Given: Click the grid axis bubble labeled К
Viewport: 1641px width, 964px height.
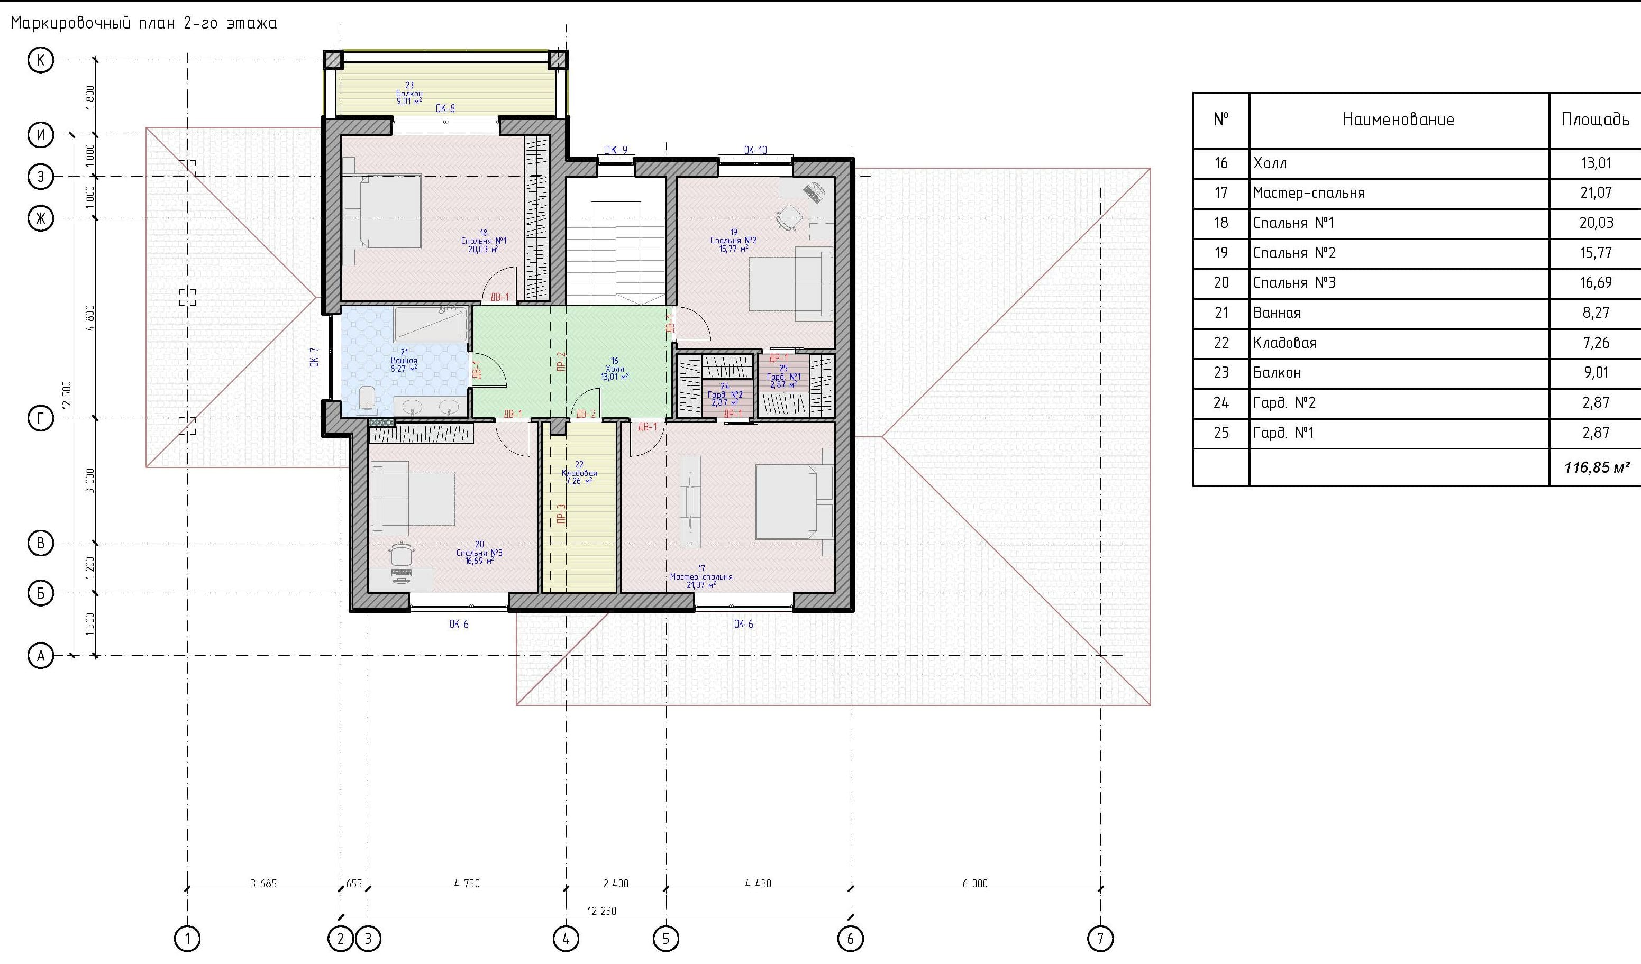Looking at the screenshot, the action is (40, 60).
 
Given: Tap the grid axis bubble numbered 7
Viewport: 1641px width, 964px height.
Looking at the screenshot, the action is (1100, 939).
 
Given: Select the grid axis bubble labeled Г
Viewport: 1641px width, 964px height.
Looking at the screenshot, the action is (40, 418).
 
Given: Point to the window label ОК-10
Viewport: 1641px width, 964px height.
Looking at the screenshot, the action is (755, 150).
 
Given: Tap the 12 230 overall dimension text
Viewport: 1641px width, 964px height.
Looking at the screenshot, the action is (601, 911).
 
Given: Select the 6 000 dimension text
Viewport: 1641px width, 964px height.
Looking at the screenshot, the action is (975, 883).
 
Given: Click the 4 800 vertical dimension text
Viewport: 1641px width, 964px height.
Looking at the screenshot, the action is (90, 318).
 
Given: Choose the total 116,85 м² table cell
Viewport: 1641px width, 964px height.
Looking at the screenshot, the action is (1595, 467).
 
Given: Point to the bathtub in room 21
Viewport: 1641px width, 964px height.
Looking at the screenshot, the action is (431, 324).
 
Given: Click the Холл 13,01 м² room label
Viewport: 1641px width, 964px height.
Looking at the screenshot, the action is (615, 369).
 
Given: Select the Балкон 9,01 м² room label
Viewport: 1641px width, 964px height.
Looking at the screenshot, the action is (409, 94).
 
